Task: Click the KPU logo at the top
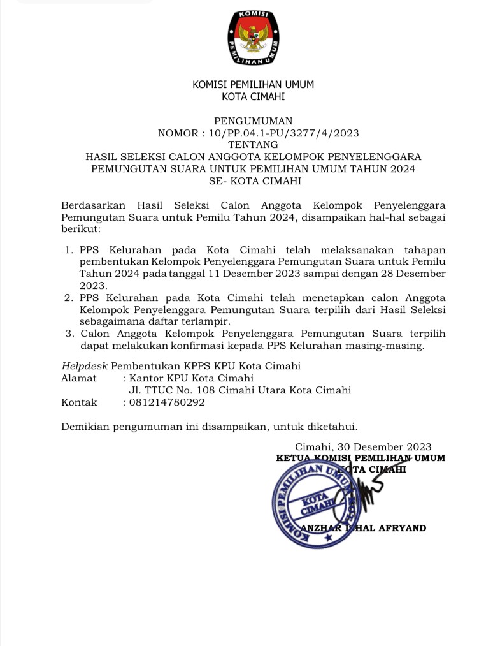254,40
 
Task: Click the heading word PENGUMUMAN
253,121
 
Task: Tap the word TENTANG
253,145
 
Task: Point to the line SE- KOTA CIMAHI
253,180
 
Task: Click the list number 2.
69,298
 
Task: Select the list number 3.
69,334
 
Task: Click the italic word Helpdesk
85,366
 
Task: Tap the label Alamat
78,378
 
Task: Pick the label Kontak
79,402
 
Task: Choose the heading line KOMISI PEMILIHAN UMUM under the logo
253,85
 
